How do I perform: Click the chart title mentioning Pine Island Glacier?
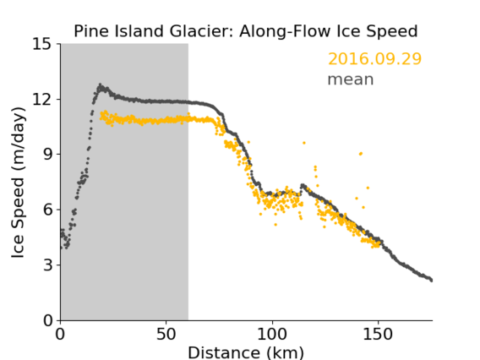246,31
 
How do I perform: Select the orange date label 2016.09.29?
374,58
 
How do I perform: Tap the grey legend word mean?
351,79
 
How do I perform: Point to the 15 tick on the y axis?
42,44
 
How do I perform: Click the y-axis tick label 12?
42,99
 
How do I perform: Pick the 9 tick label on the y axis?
47,155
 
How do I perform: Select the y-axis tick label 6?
47,210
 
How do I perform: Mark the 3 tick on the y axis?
47,265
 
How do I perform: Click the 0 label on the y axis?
47,320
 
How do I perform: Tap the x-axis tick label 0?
60,334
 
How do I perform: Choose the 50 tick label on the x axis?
166,334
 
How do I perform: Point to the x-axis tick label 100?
272,334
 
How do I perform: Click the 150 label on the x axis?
378,334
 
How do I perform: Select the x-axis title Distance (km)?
246,352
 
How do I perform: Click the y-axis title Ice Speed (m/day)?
18,183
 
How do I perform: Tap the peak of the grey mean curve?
100,85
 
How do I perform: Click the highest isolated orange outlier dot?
304,143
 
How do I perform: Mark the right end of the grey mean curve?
431,280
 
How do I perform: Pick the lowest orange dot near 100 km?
275,225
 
